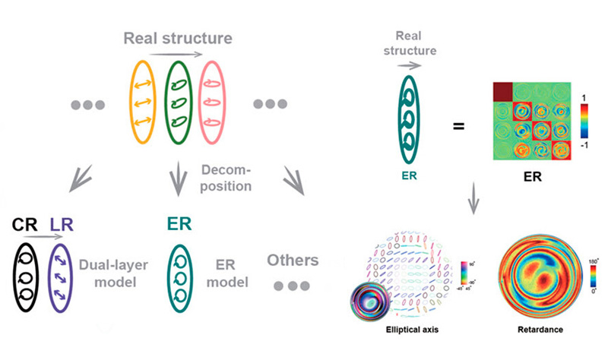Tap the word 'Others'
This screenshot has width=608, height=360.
pyautogui.click(x=292, y=261)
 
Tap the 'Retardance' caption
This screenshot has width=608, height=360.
pyautogui.click(x=537, y=332)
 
